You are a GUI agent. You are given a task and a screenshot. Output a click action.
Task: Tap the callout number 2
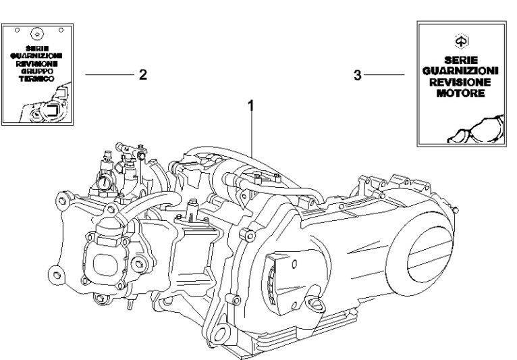pyautogui.click(x=142, y=74)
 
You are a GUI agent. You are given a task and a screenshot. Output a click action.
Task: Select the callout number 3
pyautogui.click(x=358, y=74)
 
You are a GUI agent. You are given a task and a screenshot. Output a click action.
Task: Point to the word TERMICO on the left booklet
pyautogui.click(x=38, y=78)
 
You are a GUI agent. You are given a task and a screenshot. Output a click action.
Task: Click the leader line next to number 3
pyautogui.click(x=385, y=74)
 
